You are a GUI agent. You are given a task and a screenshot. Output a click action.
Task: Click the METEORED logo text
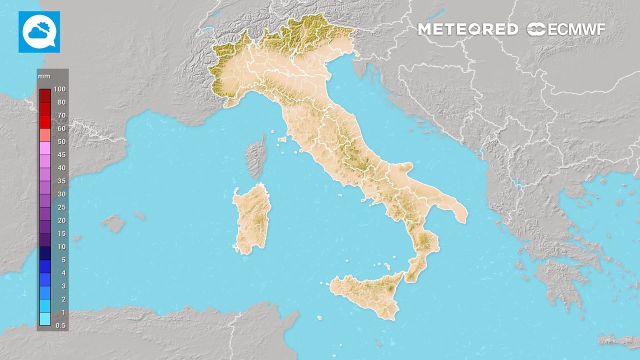tap(467, 29)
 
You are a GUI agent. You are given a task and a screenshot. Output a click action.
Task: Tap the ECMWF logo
tap(566, 29)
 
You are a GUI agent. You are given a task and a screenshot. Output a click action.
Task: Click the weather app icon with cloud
tap(39, 31)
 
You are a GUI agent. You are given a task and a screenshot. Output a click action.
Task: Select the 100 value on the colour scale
tap(59, 89)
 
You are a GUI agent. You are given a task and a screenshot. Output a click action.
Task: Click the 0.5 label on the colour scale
tap(60, 325)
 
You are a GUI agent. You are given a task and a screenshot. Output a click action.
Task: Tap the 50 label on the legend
tap(61, 141)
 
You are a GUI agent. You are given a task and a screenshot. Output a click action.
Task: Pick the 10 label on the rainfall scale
tap(61, 246)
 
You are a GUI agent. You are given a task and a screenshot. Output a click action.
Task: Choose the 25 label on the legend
tap(61, 207)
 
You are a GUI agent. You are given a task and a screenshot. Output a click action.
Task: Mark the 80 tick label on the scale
tap(61, 102)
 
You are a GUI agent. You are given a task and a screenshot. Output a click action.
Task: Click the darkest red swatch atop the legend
tap(45, 95)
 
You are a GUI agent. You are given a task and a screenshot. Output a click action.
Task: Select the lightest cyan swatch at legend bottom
tap(45, 319)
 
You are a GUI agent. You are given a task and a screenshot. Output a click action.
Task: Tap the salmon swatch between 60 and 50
tap(45, 135)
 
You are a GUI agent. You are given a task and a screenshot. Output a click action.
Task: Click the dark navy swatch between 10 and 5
tap(45, 253)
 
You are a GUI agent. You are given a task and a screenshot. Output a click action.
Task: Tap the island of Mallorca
tap(114, 223)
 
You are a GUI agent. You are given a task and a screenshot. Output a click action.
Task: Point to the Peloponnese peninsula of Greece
tap(555, 280)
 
